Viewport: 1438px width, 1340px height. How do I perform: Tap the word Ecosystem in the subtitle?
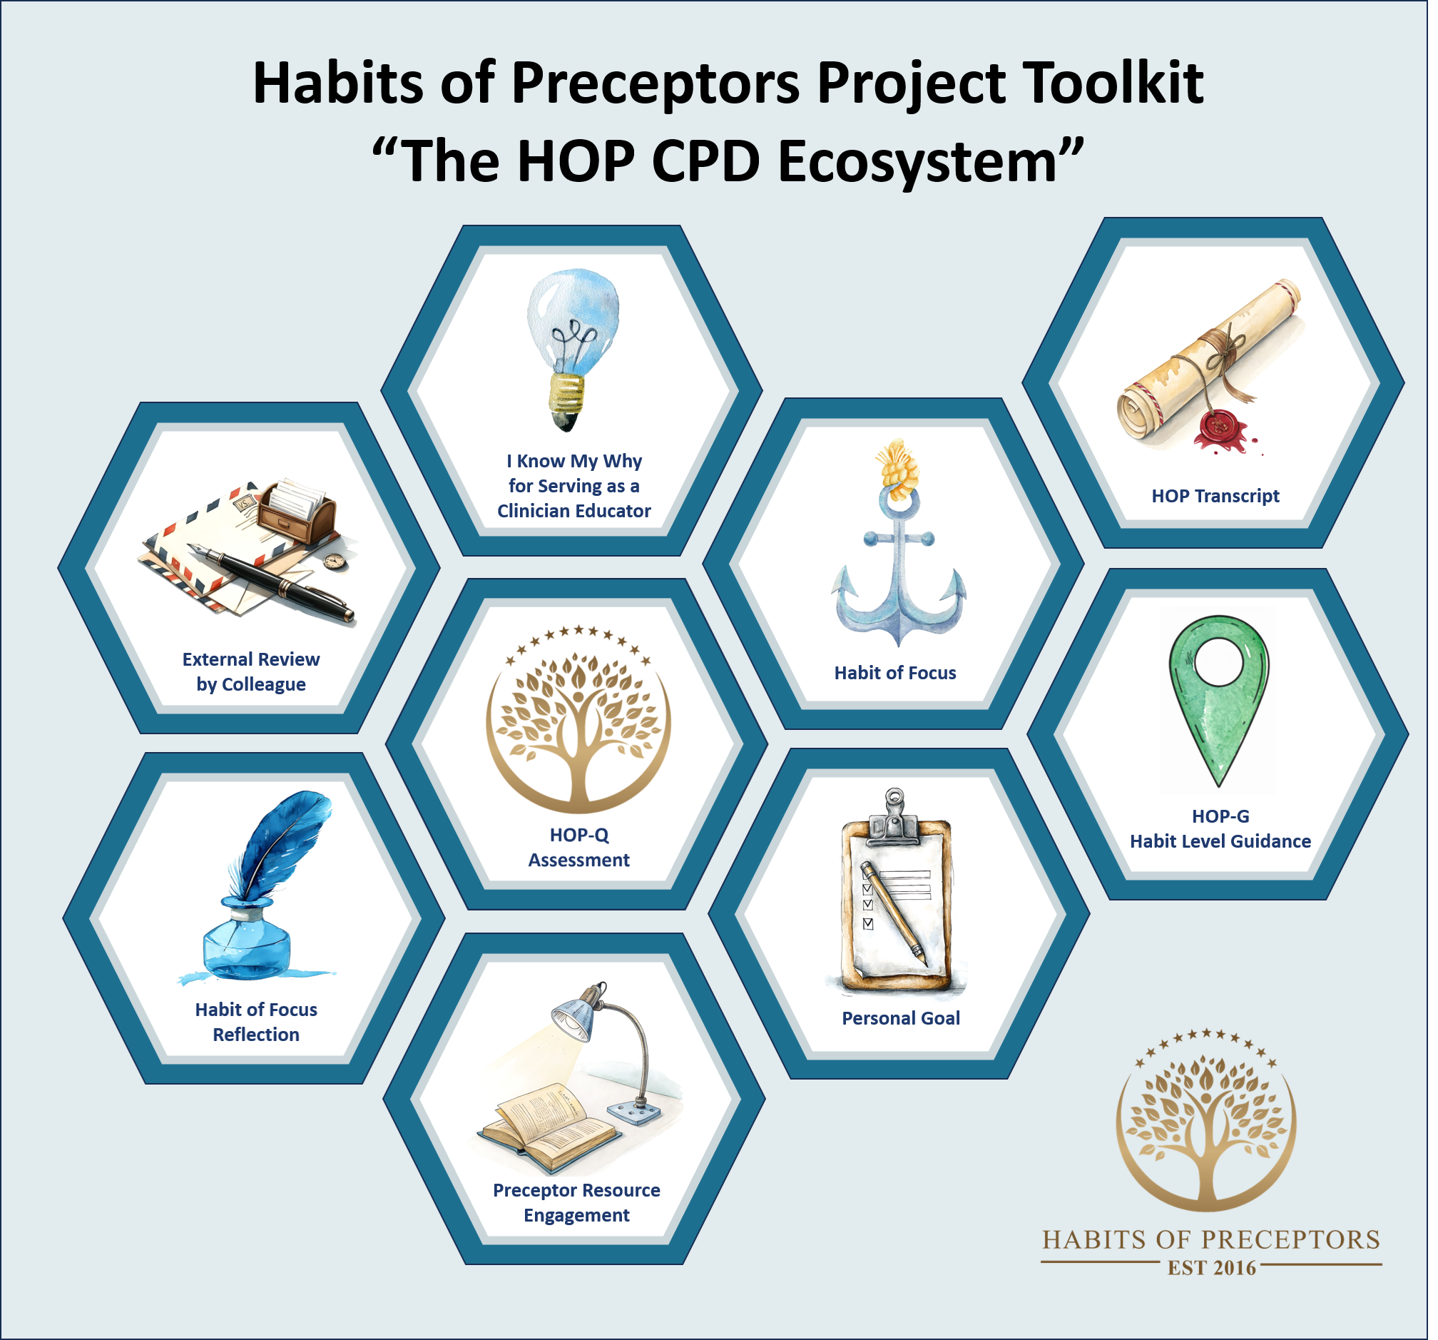pos(919,163)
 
